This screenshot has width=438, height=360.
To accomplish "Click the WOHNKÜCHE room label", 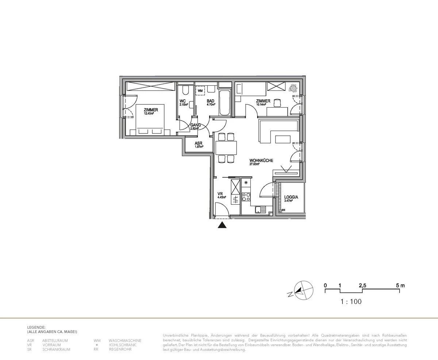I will tap(261, 160).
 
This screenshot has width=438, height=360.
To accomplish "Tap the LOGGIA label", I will tap(291, 197).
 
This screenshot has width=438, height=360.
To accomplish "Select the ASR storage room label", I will tap(198, 143).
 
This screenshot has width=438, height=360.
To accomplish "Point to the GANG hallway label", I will tap(195, 125).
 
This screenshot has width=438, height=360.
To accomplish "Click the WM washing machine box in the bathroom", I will tap(200, 90).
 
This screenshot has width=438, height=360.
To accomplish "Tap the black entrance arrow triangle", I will tap(222, 225).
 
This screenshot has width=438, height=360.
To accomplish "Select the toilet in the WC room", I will tap(185, 90).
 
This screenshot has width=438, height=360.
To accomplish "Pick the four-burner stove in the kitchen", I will tap(246, 197).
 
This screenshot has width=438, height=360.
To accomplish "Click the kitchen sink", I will tap(260, 209).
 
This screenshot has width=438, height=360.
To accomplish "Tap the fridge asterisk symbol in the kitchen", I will tap(246, 182).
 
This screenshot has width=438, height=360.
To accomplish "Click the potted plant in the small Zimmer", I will tap(293, 88).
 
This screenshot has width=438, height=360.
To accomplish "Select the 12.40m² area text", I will tap(149, 113).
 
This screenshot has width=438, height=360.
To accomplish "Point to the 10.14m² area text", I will tap(261, 105).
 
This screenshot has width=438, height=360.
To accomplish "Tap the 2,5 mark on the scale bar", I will tap(362, 286).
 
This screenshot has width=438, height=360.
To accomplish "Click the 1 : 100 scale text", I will tap(351, 302).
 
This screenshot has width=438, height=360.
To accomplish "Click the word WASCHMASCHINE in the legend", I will tap(125, 341).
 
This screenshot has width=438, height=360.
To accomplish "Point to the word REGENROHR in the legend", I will tap(120, 349).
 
